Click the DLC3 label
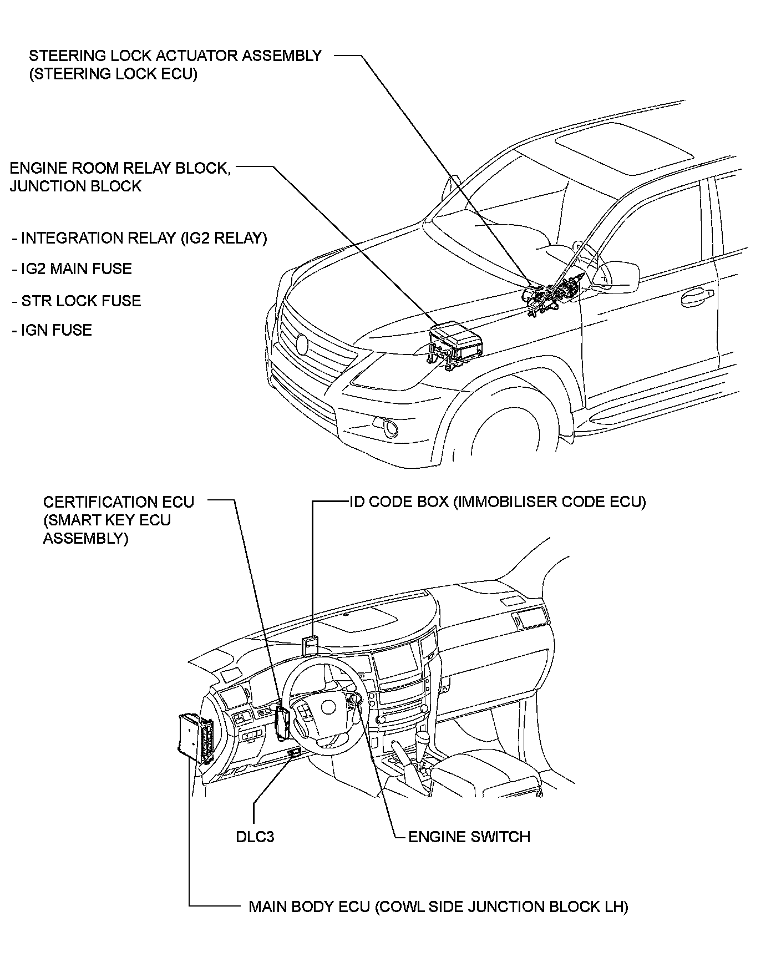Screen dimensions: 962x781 [x=255, y=837]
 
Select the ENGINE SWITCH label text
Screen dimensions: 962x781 [x=469, y=837]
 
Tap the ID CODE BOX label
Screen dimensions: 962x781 [x=498, y=502]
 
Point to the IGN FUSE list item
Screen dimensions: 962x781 [x=52, y=331]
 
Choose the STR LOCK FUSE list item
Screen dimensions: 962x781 [x=77, y=301]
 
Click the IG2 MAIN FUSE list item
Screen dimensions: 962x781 [x=72, y=270]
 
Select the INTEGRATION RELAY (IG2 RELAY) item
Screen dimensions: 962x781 [x=140, y=239]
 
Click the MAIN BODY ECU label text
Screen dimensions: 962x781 [x=438, y=907]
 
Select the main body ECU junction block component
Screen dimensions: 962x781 [x=195, y=738]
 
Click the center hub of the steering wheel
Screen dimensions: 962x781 [x=325, y=707]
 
